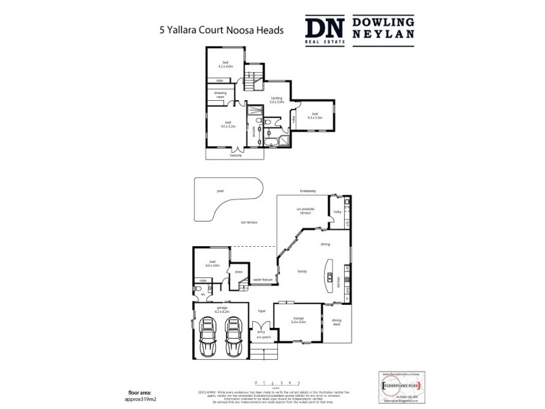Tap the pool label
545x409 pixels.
click(220, 192)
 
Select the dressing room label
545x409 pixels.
click(220, 96)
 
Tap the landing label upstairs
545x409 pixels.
click(277, 100)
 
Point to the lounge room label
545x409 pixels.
click(298, 319)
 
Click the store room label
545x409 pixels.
click(238, 273)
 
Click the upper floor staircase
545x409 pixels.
click(253, 77)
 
